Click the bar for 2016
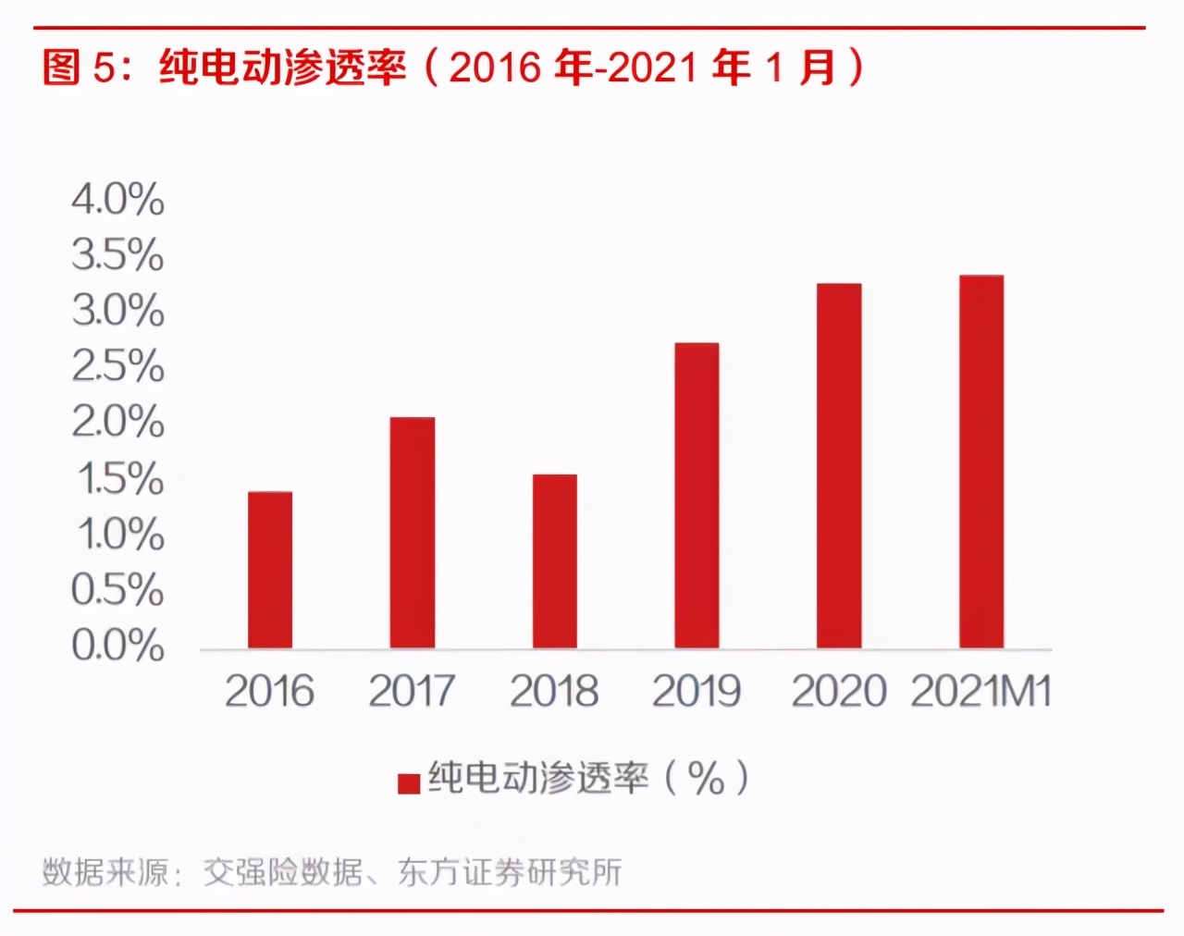pos(270,570)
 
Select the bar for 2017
pos(413,533)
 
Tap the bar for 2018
pos(555,561)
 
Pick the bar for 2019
pos(697,496)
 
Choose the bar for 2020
pos(839,466)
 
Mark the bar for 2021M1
pos(981,462)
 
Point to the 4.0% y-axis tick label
pos(117,200)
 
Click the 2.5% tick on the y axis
pos(117,367)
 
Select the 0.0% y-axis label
pos(117,646)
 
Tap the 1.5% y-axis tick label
pos(119,479)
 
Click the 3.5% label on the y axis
pos(117,255)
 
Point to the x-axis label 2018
pos(554,692)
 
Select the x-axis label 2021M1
pos(981,692)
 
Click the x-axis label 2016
pos(269,692)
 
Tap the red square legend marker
pos(409,783)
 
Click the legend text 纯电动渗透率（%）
pos(588,779)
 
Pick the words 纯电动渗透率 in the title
pos(282,68)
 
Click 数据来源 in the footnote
pos(105,872)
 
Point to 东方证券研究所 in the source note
pos(510,872)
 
